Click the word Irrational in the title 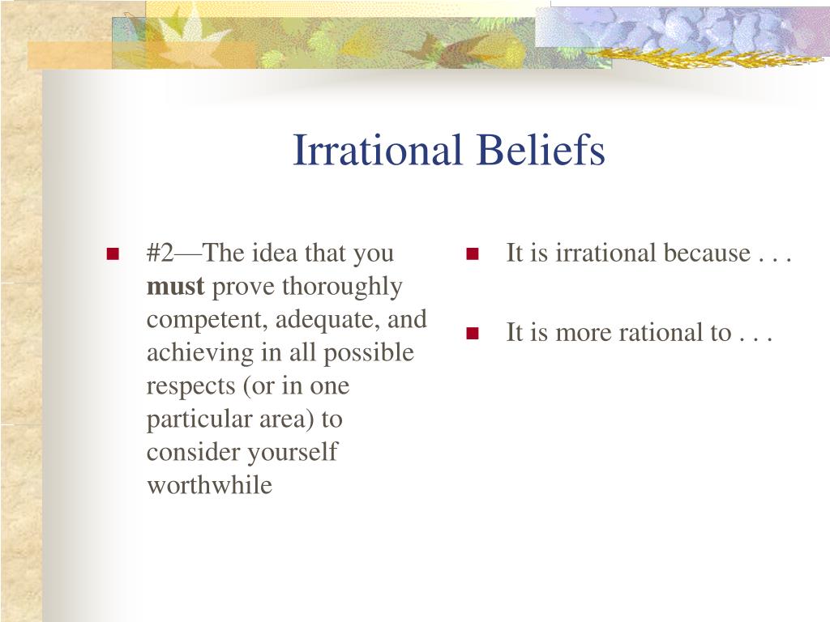click(x=378, y=150)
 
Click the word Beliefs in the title click(x=541, y=150)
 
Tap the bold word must click(x=175, y=287)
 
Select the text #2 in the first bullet click(x=160, y=253)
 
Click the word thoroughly click(x=342, y=288)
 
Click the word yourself click(x=292, y=453)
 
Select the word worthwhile click(x=210, y=485)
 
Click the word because click(x=707, y=253)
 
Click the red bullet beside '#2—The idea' click(x=113, y=253)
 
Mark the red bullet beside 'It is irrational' click(x=473, y=253)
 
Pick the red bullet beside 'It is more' click(x=473, y=333)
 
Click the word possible click(x=369, y=353)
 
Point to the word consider click(x=193, y=453)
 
